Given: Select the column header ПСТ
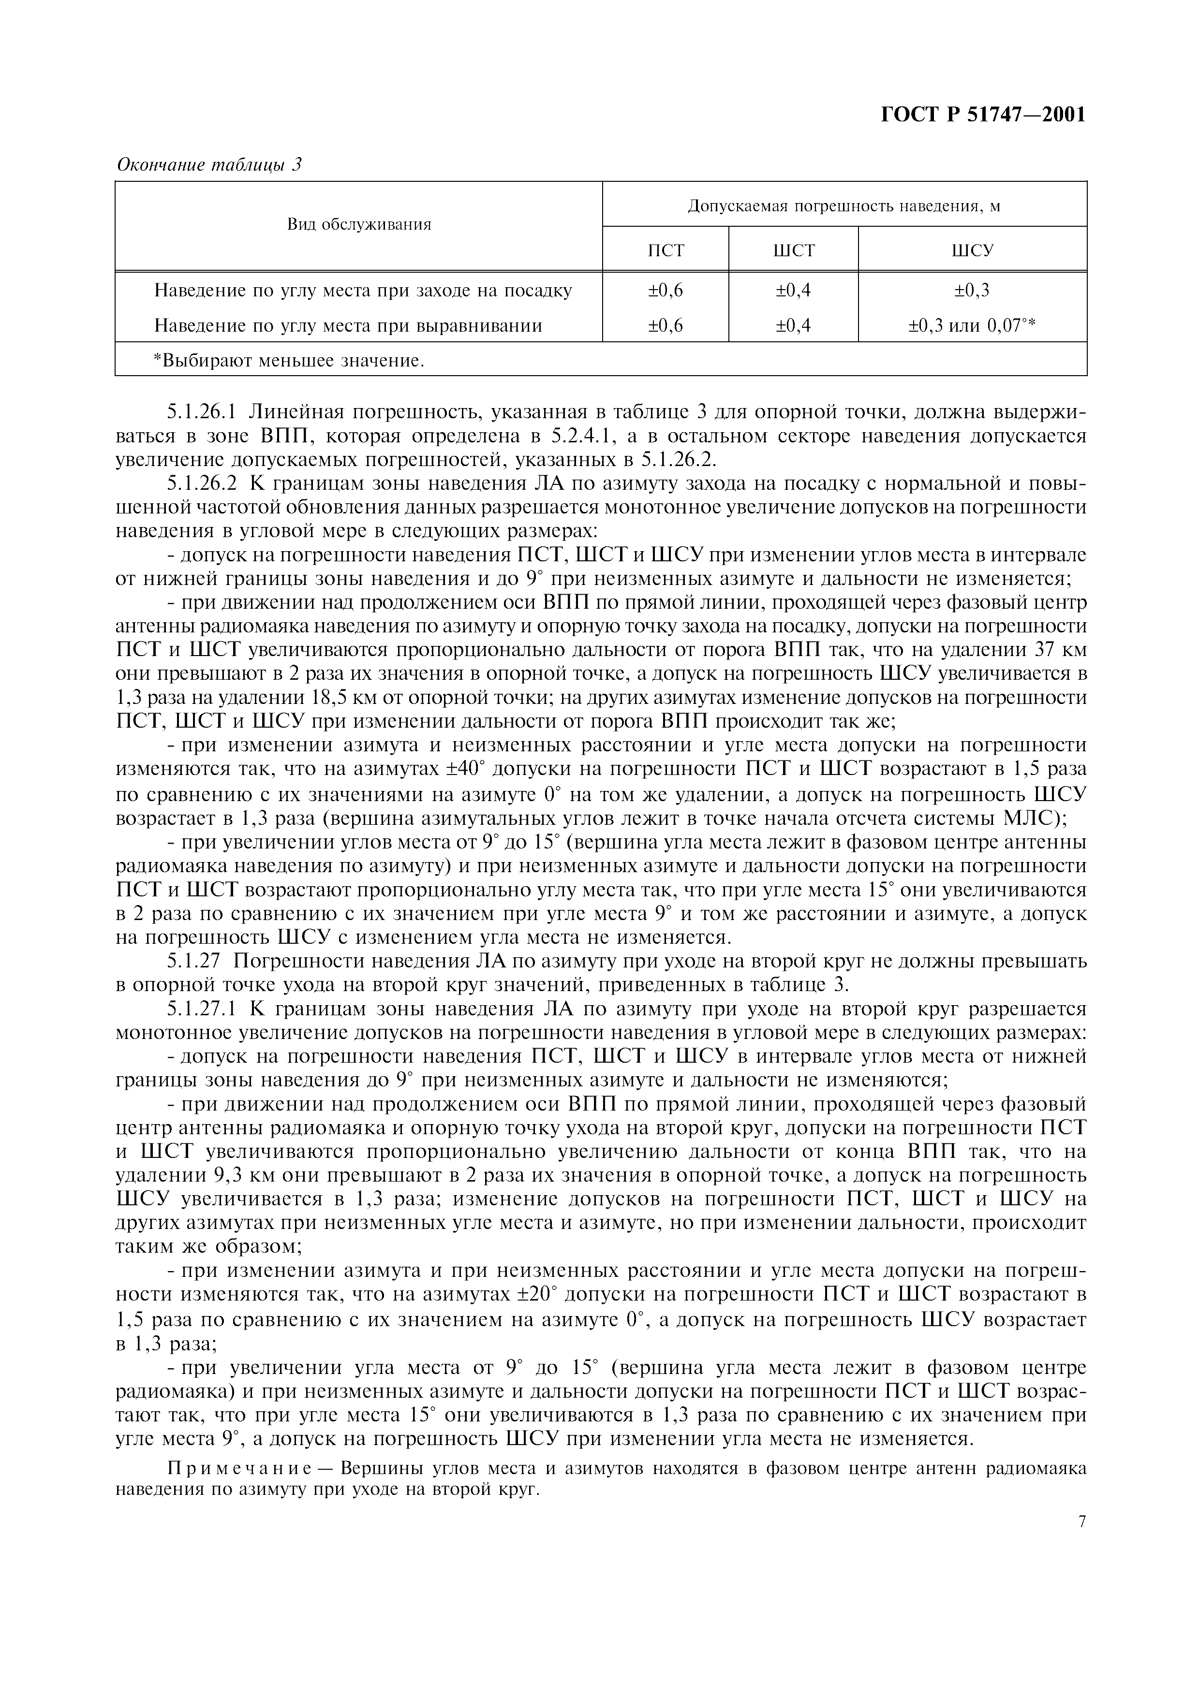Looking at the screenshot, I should pyautogui.click(x=666, y=250).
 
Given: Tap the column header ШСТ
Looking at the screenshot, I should pyautogui.click(x=793, y=250).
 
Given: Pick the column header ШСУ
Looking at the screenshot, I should pyautogui.click(x=972, y=250).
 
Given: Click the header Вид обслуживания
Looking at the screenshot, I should pyautogui.click(x=359, y=224).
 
